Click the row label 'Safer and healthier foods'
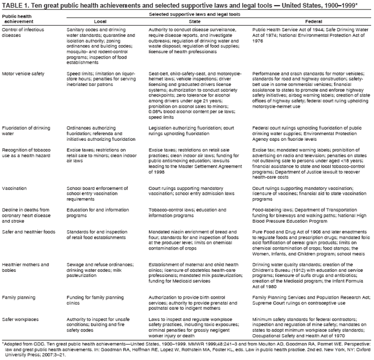(x=28, y=232)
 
